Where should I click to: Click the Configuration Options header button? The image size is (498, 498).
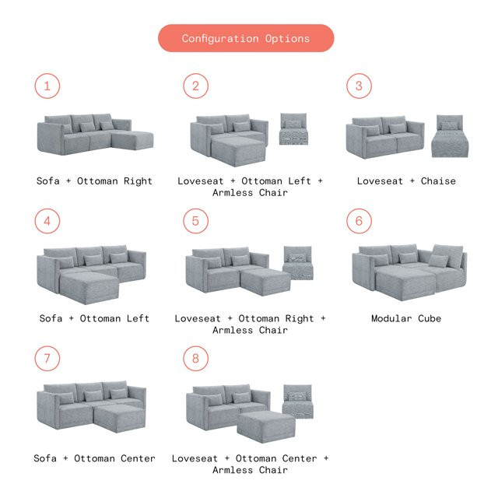point(246,38)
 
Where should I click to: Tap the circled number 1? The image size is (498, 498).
point(47,86)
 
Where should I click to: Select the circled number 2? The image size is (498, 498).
point(195,86)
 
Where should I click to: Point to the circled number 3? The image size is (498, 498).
point(359,86)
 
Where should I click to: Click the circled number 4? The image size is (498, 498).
point(47,221)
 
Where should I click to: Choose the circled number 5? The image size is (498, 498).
point(195,221)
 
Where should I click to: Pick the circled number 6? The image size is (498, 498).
point(359,221)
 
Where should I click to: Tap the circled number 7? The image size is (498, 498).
point(47,359)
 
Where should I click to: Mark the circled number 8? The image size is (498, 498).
point(195,359)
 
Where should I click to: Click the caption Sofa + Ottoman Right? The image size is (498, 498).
point(94,181)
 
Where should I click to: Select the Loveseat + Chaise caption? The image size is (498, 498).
point(406,181)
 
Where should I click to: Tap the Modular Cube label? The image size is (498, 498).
point(405,318)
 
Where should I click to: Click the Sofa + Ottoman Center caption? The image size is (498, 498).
point(94,458)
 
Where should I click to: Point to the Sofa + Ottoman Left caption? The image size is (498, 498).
point(94,318)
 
